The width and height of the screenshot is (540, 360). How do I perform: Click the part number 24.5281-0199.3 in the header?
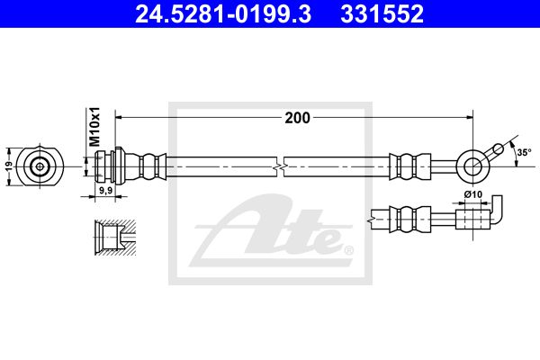(223, 14)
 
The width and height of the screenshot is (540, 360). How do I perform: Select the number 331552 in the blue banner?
(382, 14)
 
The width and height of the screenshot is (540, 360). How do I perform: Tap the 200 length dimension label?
(298, 118)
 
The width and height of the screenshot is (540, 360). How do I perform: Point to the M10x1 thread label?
(94, 126)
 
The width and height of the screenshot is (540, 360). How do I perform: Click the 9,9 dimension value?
(105, 190)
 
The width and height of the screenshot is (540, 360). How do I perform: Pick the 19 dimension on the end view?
(10, 166)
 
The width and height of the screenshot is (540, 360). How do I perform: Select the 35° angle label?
(524, 152)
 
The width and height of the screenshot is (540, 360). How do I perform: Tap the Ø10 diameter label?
(473, 194)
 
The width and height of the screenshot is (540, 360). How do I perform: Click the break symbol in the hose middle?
(280, 166)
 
